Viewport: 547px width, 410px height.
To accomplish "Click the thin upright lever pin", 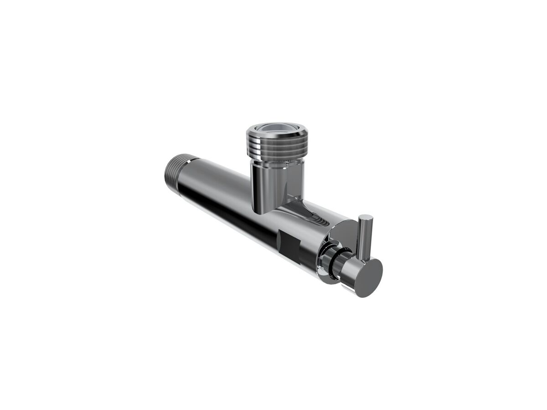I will (x=364, y=237).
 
